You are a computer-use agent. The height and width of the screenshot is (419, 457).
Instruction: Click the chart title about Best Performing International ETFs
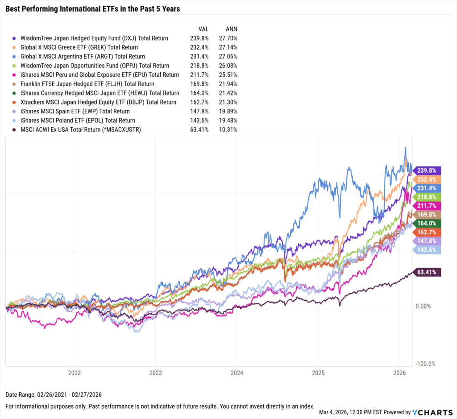pos(93,8)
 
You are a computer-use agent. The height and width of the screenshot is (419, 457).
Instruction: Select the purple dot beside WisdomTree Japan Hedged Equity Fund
pos(16,38)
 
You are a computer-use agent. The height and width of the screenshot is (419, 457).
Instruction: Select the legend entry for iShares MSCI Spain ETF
pos(75,112)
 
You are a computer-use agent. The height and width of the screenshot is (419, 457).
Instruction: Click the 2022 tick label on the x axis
pos(74,373)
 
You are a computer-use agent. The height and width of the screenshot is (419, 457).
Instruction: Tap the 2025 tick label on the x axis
pos(318,373)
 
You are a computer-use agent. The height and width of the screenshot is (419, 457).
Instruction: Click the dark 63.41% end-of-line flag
pos(428,272)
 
